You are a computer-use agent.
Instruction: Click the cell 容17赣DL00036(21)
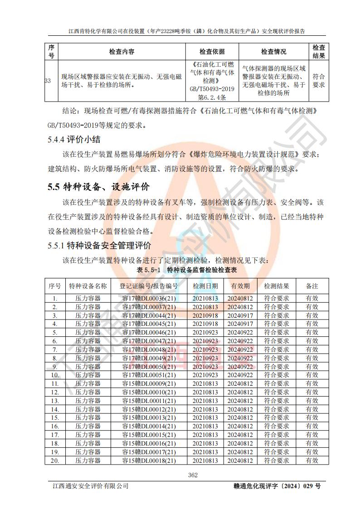(149, 298)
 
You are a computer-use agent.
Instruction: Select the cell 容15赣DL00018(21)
(149, 461)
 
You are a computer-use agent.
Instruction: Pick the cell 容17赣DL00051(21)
(149, 375)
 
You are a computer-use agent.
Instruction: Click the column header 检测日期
(205, 286)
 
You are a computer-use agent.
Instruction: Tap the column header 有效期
(240, 286)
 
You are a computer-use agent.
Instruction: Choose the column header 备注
(312, 286)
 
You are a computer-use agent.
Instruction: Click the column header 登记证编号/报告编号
(149, 286)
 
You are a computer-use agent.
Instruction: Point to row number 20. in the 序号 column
(55, 461)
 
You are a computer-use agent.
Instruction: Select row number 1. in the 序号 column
(55, 298)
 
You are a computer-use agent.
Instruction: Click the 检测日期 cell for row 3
(205, 315)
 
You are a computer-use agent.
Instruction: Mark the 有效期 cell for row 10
(240, 375)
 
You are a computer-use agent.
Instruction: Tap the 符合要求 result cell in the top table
(319, 81)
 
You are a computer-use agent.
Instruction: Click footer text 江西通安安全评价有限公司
(90, 486)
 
